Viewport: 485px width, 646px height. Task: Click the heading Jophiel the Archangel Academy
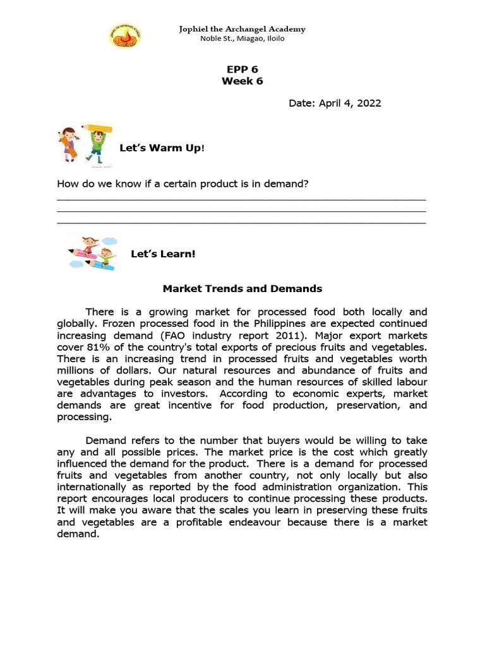[x=242, y=29]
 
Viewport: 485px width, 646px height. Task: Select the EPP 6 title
[x=242, y=69]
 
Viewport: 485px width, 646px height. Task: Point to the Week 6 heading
[x=242, y=81]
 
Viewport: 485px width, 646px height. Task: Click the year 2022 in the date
[x=368, y=103]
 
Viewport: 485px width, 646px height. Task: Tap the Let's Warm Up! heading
[x=162, y=148]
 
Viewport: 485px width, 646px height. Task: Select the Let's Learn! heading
[x=163, y=254]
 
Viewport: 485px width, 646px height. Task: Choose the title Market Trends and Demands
[x=242, y=288]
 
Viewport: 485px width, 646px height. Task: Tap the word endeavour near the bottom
[x=281, y=522]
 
